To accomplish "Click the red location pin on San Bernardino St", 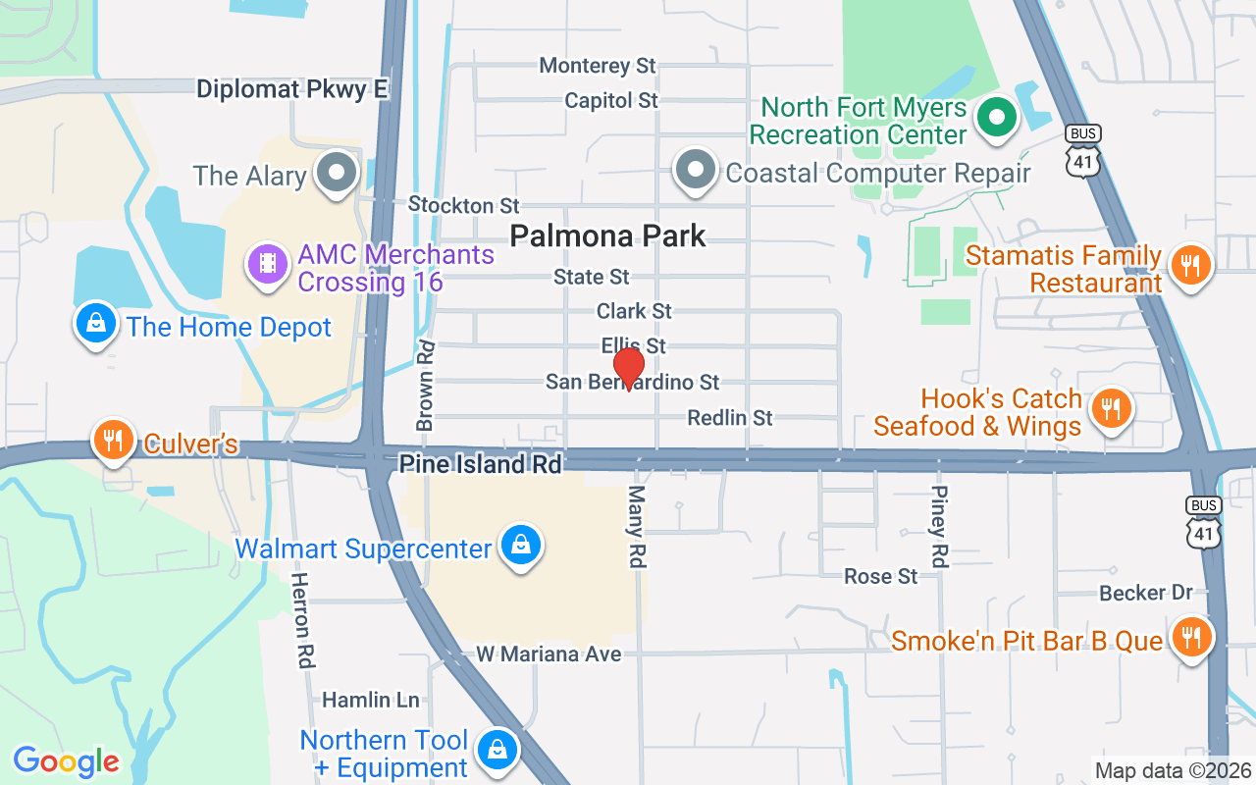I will pyautogui.click(x=628, y=368).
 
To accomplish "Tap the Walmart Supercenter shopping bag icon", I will pyautogui.click(x=520, y=544).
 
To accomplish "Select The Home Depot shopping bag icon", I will pyautogui.click(x=96, y=322).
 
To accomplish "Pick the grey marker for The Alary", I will pyautogui.click(x=339, y=172).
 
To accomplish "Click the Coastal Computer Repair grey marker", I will pyautogui.click(x=696, y=170).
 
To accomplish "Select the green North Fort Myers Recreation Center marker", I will pyautogui.click(x=997, y=118).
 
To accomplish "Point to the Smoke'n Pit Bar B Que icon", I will pyautogui.click(x=1190, y=638).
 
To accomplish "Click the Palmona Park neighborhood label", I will pyautogui.click(x=608, y=235).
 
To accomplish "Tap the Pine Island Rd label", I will pyautogui.click(x=481, y=464).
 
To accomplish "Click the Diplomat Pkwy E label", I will pyautogui.click(x=292, y=90).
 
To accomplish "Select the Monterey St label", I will pyautogui.click(x=598, y=66).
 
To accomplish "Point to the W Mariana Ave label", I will pyautogui.click(x=549, y=654).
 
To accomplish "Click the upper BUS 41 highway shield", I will pyautogui.click(x=1083, y=151).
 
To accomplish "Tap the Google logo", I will pyautogui.click(x=66, y=761).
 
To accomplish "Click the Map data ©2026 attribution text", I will pyautogui.click(x=1173, y=770).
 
